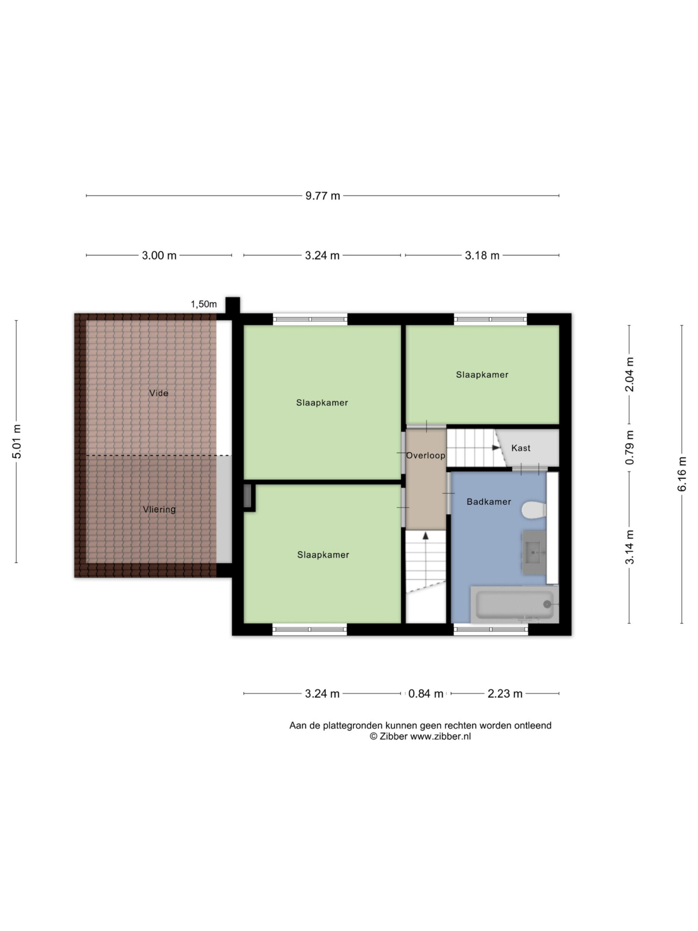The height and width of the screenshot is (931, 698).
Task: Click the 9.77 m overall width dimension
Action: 323,196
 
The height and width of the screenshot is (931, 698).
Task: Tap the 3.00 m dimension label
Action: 159,255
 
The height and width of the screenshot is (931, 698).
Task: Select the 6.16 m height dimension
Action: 682,474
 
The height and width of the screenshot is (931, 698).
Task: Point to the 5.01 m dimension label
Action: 17,441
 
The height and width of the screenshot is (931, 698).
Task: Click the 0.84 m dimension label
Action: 426,694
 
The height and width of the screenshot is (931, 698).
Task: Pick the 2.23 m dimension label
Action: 505,694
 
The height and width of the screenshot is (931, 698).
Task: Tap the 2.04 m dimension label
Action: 630,374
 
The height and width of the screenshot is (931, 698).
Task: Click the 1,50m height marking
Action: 204,304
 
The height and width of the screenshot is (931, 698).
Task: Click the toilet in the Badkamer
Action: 533,509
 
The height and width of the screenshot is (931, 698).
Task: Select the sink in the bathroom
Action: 534,552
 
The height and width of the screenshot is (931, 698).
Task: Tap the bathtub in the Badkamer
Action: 514,604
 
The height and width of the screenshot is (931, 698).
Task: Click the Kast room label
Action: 521,448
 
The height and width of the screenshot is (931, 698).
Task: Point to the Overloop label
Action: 426,455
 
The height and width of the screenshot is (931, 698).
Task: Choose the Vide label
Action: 158,393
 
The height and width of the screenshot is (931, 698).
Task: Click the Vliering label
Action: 159,509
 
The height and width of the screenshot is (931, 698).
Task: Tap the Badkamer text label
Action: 489,501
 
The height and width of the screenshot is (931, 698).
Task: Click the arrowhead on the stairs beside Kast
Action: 496,448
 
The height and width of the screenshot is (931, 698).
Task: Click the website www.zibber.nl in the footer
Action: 440,737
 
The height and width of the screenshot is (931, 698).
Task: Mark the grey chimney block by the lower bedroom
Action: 247,496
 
